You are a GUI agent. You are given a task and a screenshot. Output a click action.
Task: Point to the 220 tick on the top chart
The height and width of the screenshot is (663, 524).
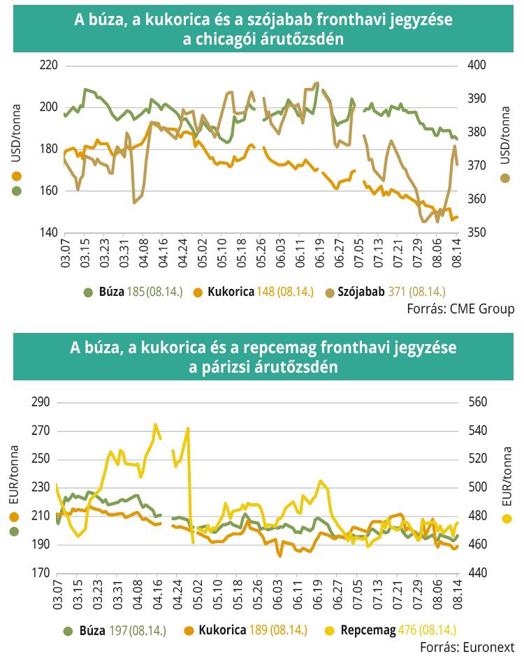click(x=48, y=66)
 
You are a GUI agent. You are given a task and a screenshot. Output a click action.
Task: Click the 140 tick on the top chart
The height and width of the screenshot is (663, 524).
click(x=48, y=232)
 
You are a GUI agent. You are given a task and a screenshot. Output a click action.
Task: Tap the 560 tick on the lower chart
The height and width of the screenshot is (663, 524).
click(x=476, y=403)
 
